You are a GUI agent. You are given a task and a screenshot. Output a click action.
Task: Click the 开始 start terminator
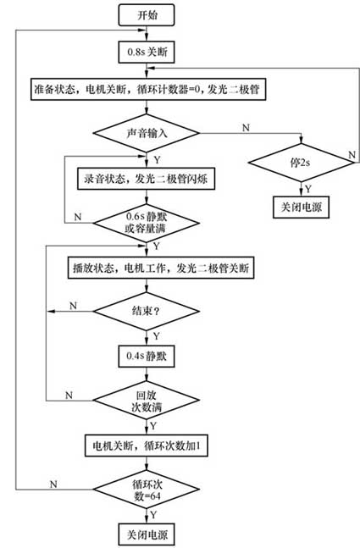(x=147, y=14)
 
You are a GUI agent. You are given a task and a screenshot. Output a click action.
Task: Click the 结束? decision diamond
(x=147, y=311)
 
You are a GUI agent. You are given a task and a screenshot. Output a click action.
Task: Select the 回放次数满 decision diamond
(x=147, y=399)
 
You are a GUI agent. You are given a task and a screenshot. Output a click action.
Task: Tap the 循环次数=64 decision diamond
(x=147, y=490)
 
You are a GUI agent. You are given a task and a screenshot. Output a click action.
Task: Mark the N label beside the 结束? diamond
(x=72, y=303)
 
